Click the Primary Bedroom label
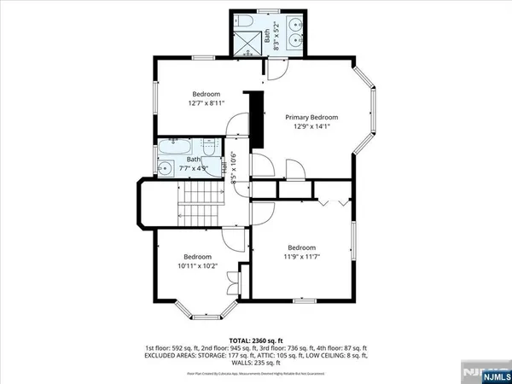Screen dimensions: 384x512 point(311,118)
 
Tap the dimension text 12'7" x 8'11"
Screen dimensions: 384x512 point(206,103)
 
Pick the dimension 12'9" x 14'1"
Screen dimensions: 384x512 point(311,127)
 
